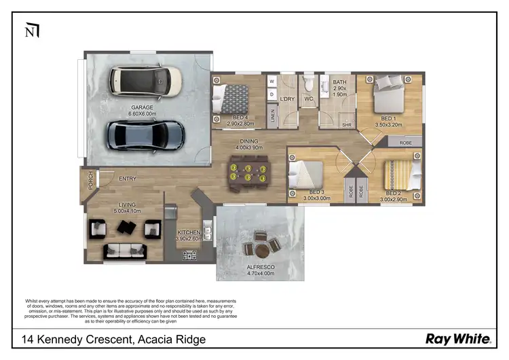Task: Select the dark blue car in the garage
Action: tap(145, 135)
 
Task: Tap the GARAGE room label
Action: tap(142, 107)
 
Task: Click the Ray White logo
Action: tap(455, 338)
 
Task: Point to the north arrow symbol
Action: tap(31, 31)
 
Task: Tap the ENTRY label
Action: tap(128, 179)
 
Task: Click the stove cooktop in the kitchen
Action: tap(189, 255)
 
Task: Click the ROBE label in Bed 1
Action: tap(406, 143)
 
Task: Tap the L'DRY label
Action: tap(287, 100)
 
